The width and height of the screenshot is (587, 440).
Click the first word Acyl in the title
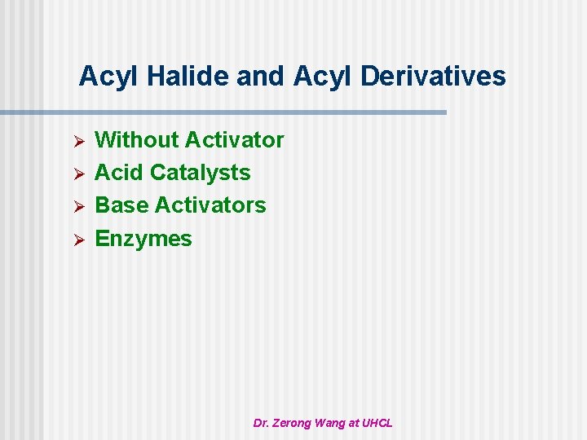pyautogui.click(x=104, y=77)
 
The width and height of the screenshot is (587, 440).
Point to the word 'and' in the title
pyautogui.click(x=259, y=77)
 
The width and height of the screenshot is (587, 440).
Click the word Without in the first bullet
pyautogui.click(x=137, y=140)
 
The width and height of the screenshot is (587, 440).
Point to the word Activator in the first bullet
pyautogui.click(x=234, y=140)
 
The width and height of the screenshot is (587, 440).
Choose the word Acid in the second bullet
pyautogui.click(x=120, y=173)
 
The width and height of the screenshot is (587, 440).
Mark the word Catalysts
pyautogui.click(x=201, y=173)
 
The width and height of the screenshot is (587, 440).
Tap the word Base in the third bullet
pyautogui.click(x=121, y=205)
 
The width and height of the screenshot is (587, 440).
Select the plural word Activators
pyautogui.click(x=210, y=205)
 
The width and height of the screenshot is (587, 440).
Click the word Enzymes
pyautogui.click(x=143, y=239)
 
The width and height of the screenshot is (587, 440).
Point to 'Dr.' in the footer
pyautogui.click(x=261, y=423)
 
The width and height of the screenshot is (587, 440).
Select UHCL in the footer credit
pyautogui.click(x=377, y=423)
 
